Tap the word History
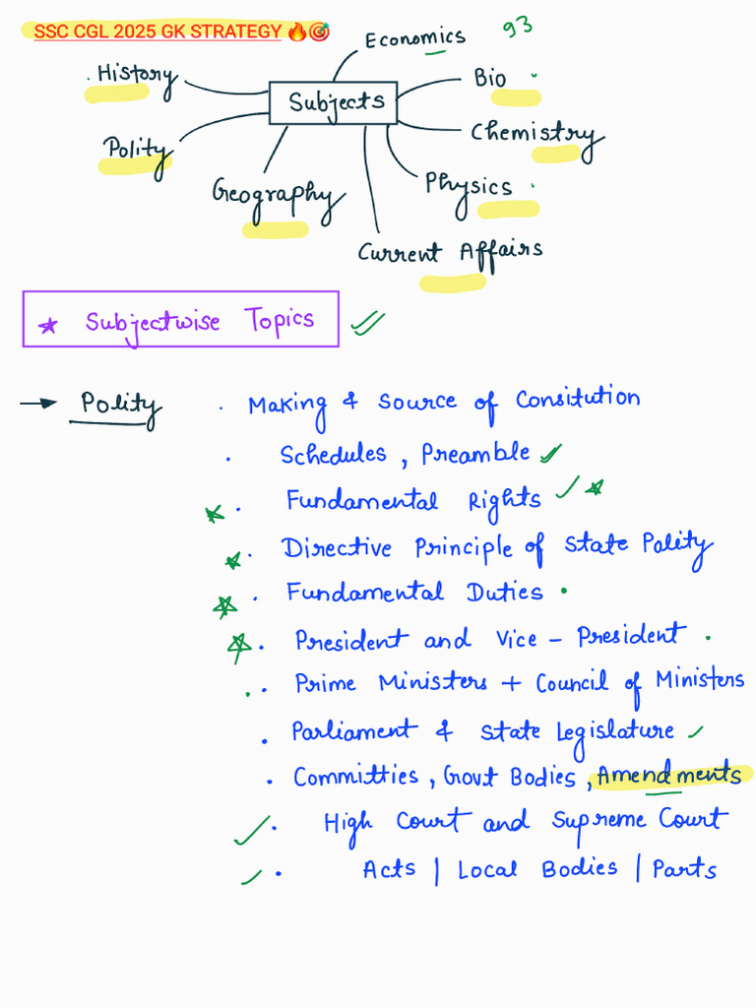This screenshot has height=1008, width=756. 137,76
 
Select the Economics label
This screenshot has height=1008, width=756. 414,38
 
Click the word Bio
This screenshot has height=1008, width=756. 490,78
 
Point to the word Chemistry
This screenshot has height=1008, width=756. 532,134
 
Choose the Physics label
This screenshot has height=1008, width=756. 468,185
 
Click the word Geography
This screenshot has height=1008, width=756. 275,194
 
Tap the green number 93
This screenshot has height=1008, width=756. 518,26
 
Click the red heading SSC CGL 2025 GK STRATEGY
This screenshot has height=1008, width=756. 157,32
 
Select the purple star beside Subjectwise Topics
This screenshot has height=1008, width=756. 47,326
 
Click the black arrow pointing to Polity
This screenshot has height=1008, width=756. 39,403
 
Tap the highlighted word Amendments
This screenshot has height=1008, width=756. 668,776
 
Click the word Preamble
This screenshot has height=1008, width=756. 475,455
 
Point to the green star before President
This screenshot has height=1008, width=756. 238,644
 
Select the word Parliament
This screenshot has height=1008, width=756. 352,731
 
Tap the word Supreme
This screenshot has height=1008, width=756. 598,821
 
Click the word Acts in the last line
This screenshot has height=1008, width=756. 388,870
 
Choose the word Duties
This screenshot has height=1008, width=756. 504,593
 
